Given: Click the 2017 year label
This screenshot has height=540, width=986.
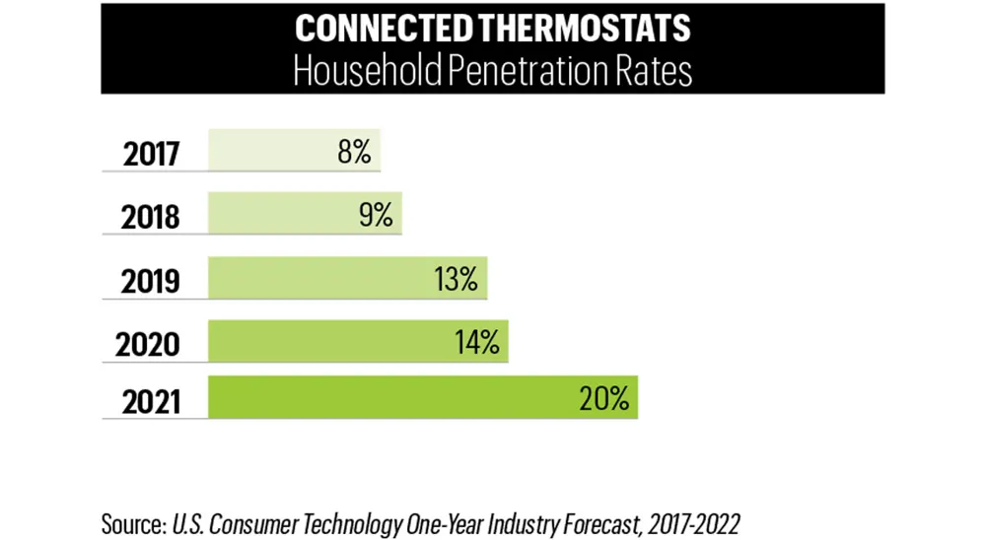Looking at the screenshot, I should point(152,155).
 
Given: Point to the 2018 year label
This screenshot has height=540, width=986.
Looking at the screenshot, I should point(151,217).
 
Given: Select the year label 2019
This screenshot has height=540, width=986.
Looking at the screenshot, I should point(151,281).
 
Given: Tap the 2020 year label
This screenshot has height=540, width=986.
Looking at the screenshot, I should point(148,344).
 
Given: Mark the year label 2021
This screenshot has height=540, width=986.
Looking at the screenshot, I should point(151,402).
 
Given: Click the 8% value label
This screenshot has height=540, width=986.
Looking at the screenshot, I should point(354,152).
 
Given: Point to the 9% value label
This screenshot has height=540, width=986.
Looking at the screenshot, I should point(376,213).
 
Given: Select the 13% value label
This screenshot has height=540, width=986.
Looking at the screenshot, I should point(456,278).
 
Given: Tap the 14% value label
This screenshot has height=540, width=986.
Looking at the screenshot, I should point(477,342).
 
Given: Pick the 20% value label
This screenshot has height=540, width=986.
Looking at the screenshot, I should point(603,398).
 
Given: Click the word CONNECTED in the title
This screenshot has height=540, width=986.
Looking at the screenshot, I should point(382,29).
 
